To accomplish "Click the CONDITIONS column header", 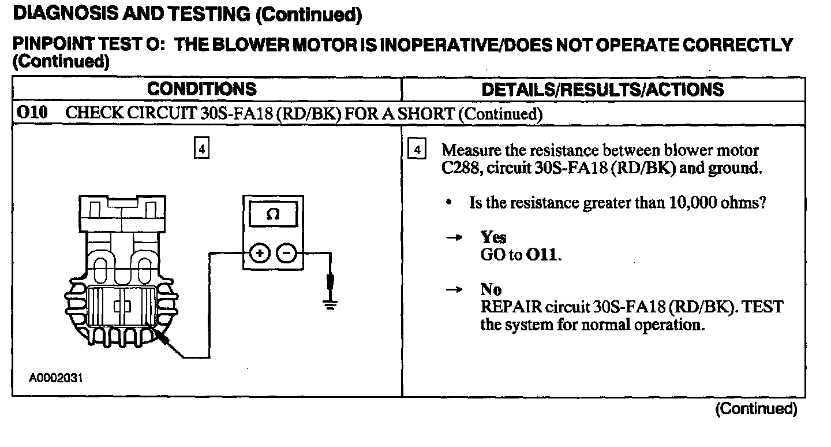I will coord(201,90).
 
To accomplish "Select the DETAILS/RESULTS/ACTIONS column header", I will coord(602,90).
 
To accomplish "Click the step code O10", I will coord(31,113).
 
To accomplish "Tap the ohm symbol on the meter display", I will coord(273,214).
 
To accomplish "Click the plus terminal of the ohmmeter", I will coord(260,252).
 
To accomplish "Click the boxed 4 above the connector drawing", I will coord(201,149).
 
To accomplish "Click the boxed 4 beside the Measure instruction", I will coord(417,150).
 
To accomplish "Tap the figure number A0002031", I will coord(56,379).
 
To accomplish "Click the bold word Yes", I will coord(493,237).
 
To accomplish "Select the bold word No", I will coord(491,289).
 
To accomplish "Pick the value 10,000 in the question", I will coord(690,203).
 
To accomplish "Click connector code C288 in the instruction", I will coord(459,168).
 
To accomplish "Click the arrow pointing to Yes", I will coord(453,238).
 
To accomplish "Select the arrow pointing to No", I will coord(453,290).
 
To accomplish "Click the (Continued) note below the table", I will coord(756,409).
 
